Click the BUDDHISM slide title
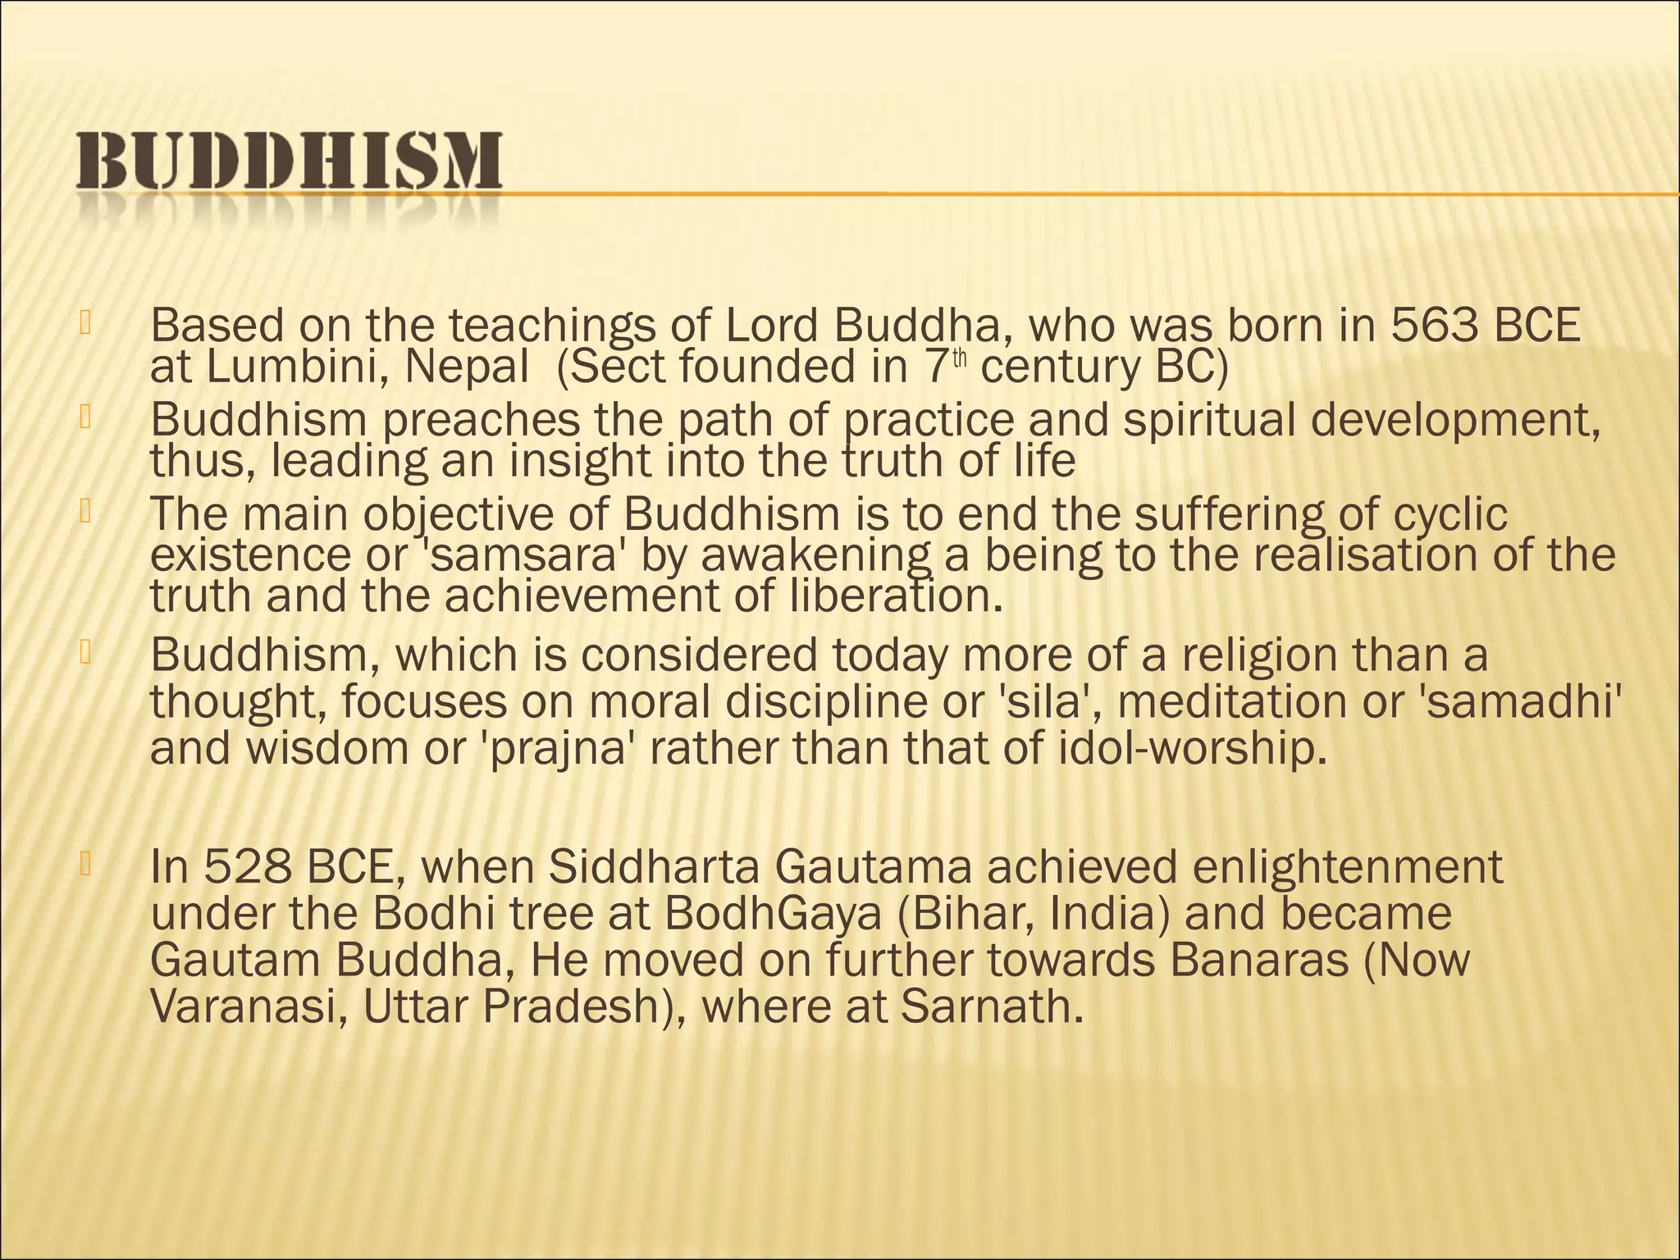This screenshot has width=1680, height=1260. [x=290, y=161]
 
